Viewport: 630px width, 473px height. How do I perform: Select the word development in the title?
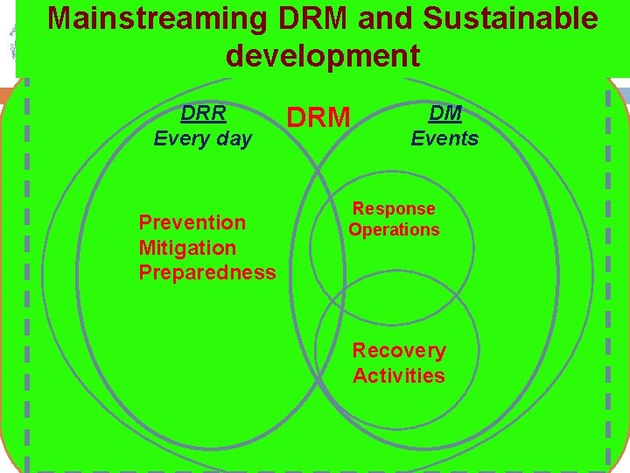click(322, 55)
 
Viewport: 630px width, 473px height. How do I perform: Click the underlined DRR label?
click(203, 114)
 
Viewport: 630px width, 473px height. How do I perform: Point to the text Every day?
click(202, 138)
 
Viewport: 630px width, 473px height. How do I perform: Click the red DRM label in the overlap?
click(318, 117)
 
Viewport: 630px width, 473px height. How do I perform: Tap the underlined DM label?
click(444, 112)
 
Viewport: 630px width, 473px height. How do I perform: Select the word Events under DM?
click(444, 138)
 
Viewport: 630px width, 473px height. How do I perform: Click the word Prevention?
click(192, 222)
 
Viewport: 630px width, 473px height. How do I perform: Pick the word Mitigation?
click(187, 248)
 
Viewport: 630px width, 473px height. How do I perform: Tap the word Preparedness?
click(207, 272)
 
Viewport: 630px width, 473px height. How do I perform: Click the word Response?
click(394, 208)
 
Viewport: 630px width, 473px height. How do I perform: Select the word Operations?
click(394, 229)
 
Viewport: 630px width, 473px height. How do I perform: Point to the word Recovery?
click(399, 350)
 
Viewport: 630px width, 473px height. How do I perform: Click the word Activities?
click(399, 376)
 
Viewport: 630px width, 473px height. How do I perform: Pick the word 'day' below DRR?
click(234, 138)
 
